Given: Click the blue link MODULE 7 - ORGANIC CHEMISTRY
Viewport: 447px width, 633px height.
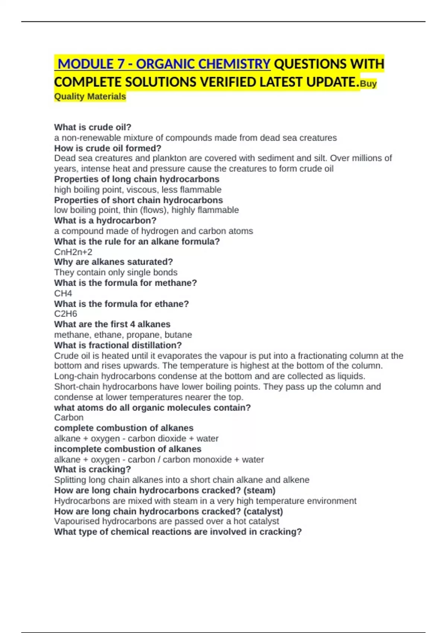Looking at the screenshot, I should [x=164, y=64].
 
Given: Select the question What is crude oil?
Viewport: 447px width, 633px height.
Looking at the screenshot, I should [x=93, y=127].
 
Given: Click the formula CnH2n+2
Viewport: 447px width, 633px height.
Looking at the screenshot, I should [x=73, y=252].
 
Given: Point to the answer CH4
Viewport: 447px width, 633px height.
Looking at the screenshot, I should [x=63, y=293].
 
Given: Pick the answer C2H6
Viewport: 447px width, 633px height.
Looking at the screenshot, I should [x=66, y=314].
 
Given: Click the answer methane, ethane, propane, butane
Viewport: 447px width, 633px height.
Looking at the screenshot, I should [x=123, y=334].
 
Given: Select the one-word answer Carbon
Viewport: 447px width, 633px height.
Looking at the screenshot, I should [x=69, y=417].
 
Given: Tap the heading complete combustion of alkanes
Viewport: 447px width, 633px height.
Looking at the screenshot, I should [x=124, y=428].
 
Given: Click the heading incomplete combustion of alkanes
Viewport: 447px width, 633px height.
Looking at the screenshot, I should [x=128, y=449].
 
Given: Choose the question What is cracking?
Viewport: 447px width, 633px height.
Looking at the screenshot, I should [x=92, y=469].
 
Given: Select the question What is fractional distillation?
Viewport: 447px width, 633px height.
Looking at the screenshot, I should [x=118, y=345].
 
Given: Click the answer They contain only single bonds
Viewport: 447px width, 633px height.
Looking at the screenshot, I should [x=116, y=272].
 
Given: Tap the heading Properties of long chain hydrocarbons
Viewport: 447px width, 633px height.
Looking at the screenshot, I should [x=137, y=179].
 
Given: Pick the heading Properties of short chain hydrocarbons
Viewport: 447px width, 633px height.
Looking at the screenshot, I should [x=139, y=200].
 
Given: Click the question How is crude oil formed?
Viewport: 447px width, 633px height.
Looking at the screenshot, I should [x=108, y=148].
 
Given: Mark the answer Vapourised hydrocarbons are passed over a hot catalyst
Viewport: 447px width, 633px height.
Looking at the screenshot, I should [x=167, y=521].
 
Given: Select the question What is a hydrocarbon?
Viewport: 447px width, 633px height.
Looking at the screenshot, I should [x=105, y=220].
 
